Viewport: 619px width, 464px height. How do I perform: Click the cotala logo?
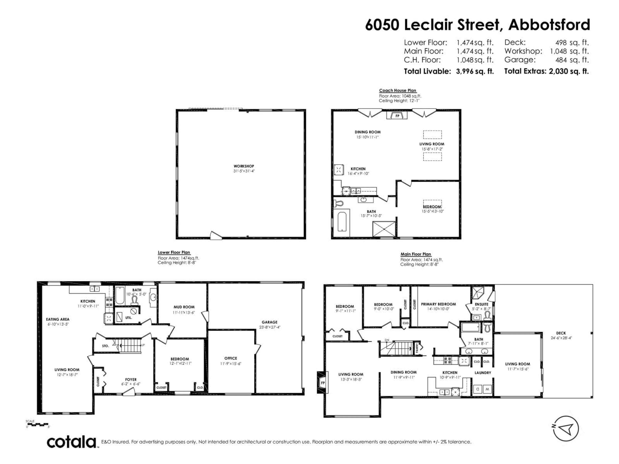(x=72, y=442)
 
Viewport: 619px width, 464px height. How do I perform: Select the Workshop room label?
(x=244, y=166)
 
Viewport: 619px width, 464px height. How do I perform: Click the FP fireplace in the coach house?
(x=397, y=116)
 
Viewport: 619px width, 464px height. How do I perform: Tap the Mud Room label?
(x=184, y=307)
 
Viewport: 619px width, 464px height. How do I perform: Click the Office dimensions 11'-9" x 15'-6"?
(x=231, y=364)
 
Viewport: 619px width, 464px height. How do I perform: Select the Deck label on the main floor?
(x=561, y=333)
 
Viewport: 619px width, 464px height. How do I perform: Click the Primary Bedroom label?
(x=438, y=304)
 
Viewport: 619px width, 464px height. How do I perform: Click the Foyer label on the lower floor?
(x=131, y=380)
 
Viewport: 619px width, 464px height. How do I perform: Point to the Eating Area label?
(x=58, y=319)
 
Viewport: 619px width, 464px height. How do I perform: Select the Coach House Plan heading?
(x=397, y=90)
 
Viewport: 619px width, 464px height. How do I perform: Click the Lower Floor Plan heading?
(x=174, y=252)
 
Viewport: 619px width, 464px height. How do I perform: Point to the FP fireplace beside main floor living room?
(x=322, y=383)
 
